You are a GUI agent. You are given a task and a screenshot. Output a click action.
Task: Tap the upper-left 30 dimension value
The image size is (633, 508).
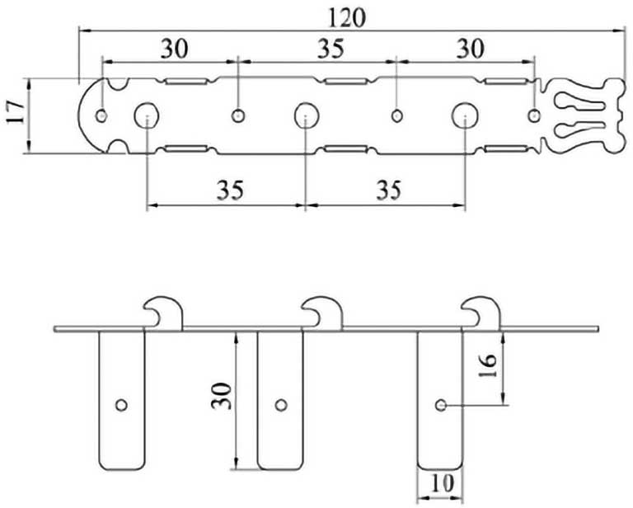(x=173, y=49)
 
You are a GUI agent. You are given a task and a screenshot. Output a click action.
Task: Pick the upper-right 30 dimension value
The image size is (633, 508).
(x=470, y=49)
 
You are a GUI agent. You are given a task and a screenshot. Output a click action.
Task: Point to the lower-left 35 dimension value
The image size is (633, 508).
(x=230, y=190)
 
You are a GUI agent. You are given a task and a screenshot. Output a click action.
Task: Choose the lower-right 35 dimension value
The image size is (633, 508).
(x=389, y=190)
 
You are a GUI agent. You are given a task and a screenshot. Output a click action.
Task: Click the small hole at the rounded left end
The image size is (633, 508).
(x=101, y=115)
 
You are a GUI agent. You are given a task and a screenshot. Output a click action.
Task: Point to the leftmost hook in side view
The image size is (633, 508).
(x=164, y=312)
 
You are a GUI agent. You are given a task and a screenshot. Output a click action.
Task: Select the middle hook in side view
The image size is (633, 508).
(x=322, y=312)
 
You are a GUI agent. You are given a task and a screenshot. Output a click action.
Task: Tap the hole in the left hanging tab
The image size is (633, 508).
(x=122, y=404)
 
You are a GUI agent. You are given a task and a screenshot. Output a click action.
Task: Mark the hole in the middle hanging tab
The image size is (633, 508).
(x=281, y=404)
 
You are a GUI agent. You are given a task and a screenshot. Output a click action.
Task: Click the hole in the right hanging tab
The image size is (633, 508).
(x=441, y=404)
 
